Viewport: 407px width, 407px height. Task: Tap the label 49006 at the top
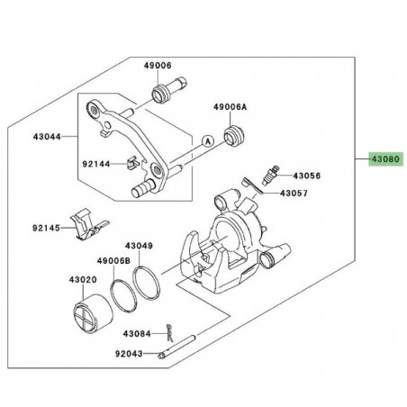[x=155, y=65]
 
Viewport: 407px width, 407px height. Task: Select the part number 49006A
[x=231, y=106]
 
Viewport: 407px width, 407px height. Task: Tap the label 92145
[x=48, y=229]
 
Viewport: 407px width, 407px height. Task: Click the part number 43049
[x=139, y=245]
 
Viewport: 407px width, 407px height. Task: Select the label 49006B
[x=116, y=260]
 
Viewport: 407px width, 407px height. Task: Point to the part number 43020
[x=85, y=282]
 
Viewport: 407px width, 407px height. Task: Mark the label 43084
[x=137, y=333]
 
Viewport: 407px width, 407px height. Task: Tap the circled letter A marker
[x=207, y=140]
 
